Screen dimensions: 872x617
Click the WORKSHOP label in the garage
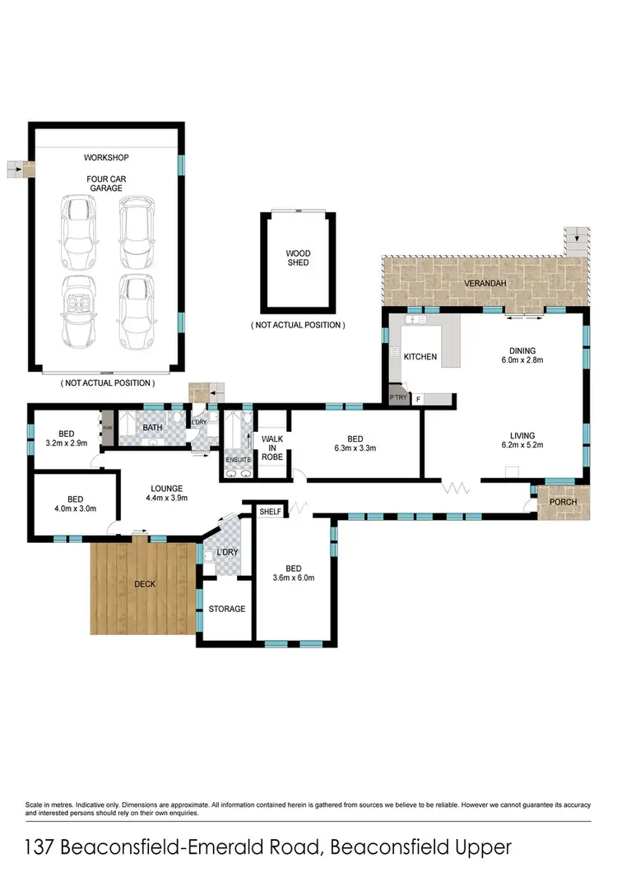[106, 157]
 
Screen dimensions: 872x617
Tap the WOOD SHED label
[298, 260]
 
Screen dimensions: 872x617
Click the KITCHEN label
[420, 357]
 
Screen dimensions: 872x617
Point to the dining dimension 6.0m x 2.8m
[523, 360]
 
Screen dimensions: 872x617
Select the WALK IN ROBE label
[272, 451]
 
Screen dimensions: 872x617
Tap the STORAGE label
[226, 610]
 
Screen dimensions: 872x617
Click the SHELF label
[270, 512]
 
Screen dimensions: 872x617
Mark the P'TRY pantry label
[397, 399]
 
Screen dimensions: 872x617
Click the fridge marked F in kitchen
[420, 399]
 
